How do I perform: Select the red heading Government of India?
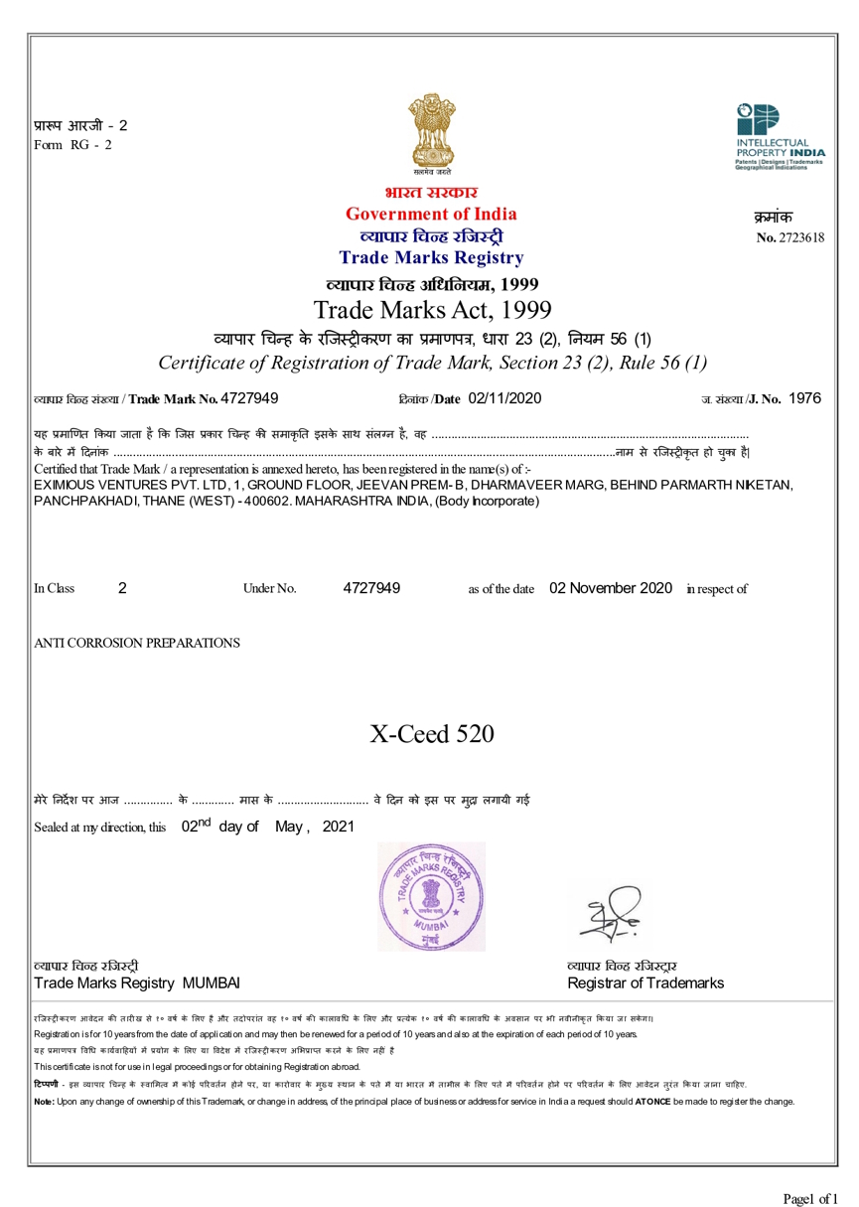pos(431,215)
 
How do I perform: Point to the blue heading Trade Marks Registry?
pos(431,258)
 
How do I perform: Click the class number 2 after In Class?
pos(122,588)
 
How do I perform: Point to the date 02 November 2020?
pos(611,588)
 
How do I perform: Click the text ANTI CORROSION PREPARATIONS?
pos(137,643)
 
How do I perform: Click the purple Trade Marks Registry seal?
pos(432,896)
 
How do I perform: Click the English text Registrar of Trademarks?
pos(644,983)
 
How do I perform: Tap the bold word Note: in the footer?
pos(44,1102)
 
